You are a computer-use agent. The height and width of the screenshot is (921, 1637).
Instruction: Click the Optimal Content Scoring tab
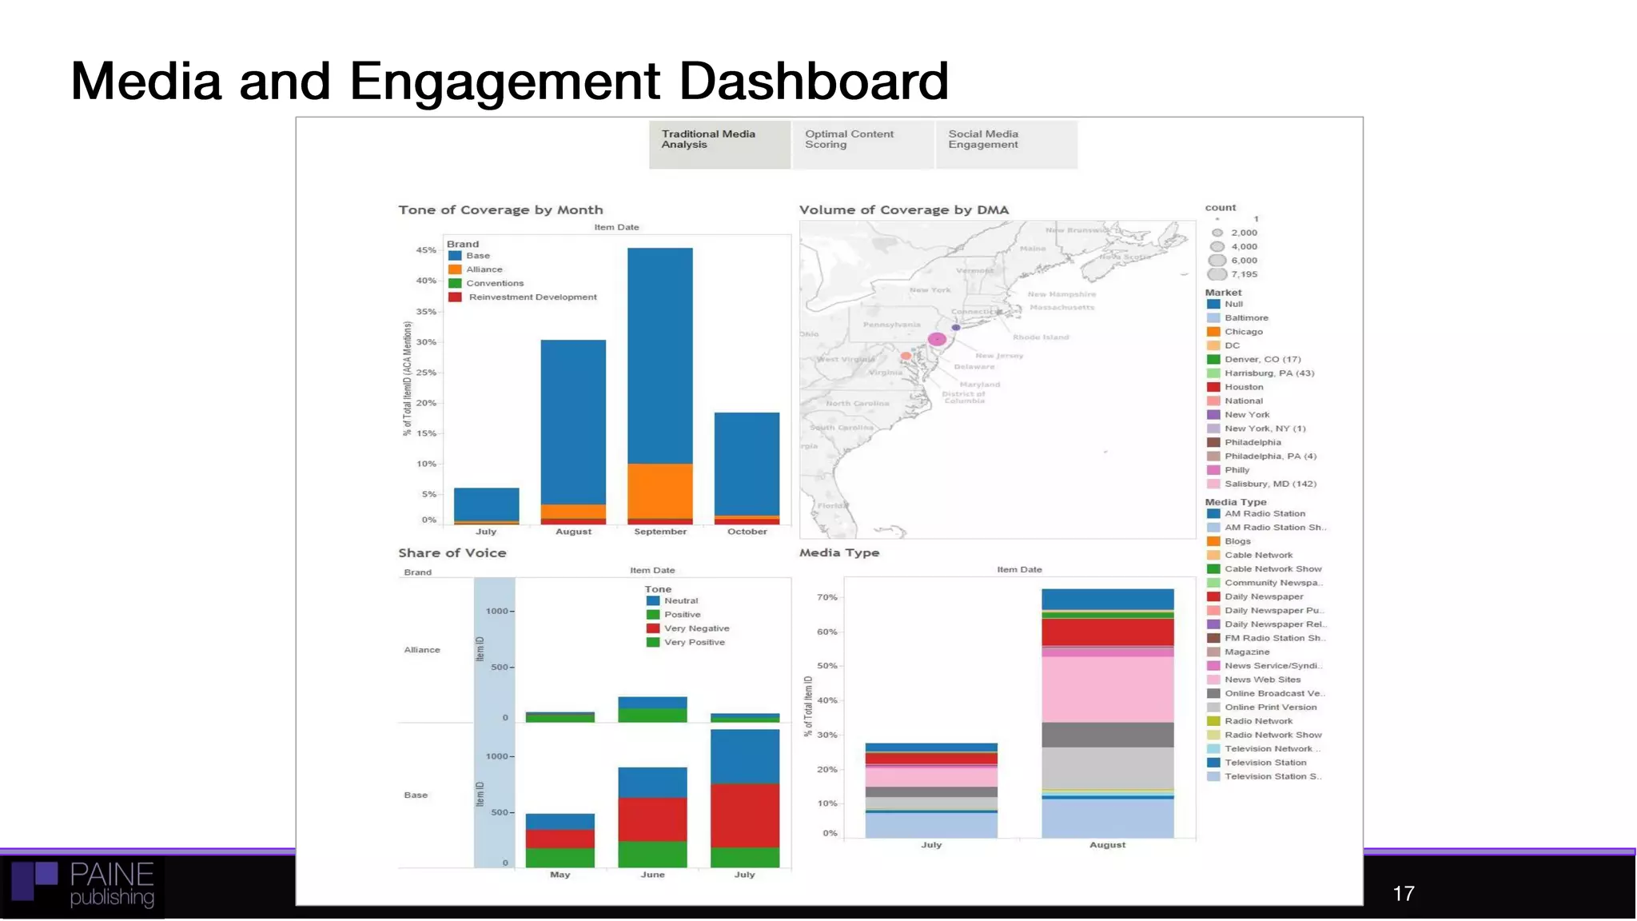(862, 144)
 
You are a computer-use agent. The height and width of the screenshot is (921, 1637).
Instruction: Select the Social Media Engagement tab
(1006, 144)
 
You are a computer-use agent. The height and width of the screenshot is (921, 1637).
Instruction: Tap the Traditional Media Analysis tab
(719, 144)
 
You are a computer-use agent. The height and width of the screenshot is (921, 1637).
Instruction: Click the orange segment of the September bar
(659, 490)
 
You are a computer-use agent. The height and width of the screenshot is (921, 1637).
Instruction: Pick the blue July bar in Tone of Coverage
(486, 504)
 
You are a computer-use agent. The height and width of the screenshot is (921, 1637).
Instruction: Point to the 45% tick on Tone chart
(426, 250)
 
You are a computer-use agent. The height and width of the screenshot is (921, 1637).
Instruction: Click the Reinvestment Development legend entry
(532, 297)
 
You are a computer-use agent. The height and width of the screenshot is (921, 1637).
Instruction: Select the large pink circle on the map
(937, 340)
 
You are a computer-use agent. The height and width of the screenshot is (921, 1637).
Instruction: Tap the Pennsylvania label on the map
(891, 325)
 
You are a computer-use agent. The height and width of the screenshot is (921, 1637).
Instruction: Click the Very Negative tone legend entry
(695, 628)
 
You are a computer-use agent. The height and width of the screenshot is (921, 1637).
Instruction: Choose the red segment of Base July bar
(744, 815)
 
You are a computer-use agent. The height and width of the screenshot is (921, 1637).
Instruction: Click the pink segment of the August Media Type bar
(1107, 689)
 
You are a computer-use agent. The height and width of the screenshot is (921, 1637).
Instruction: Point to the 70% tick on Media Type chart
(827, 597)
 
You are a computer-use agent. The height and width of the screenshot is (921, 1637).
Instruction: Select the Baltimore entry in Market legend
(1245, 318)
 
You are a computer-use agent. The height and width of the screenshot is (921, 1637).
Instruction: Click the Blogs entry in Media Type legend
(1237, 541)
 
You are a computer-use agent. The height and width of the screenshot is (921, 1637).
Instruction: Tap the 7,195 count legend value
(1244, 274)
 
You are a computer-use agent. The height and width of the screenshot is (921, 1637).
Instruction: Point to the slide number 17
(1403, 894)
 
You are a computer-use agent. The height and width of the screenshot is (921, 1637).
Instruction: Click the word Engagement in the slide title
(504, 82)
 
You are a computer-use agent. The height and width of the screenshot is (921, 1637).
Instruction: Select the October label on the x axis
(747, 532)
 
